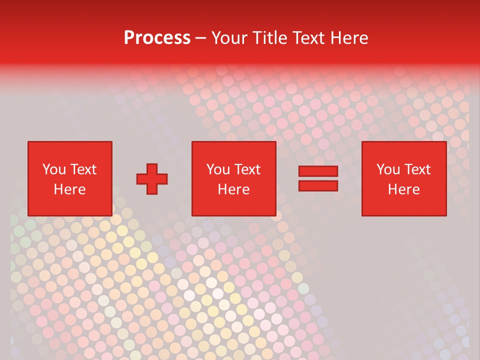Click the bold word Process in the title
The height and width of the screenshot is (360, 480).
coord(157,38)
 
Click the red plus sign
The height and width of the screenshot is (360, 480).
coord(152,179)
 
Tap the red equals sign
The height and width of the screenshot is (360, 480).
coord(318,178)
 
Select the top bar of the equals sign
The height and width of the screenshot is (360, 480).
coord(318,171)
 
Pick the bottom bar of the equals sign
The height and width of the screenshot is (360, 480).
coord(318,185)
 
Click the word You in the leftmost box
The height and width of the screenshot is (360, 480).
coord(54,169)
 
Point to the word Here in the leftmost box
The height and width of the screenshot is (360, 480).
coord(69,189)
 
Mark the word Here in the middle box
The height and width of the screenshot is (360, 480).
coord(233,189)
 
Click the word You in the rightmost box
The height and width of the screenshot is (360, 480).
coord(388,169)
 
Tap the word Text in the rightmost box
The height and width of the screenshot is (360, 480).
coord(416,169)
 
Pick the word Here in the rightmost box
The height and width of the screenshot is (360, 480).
coord(403,189)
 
